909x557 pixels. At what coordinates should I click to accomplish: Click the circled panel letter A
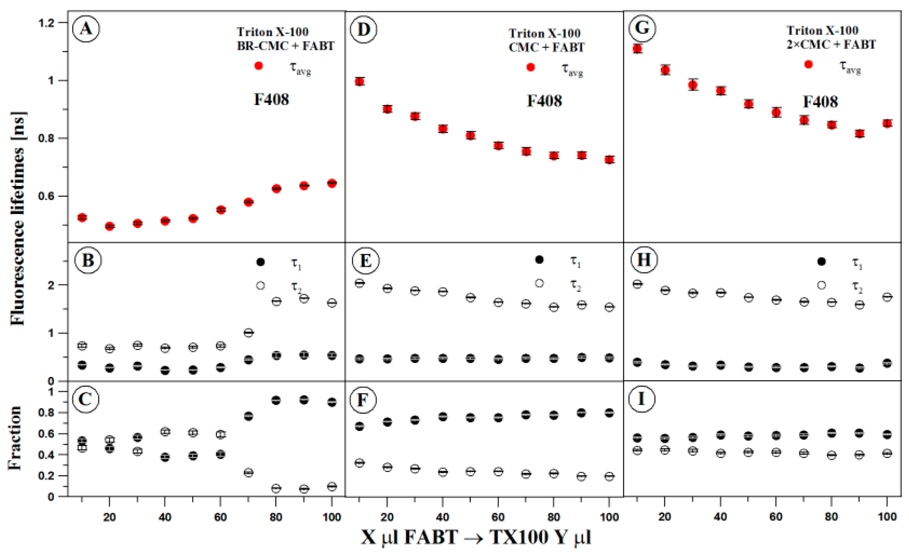pyautogui.click(x=86, y=28)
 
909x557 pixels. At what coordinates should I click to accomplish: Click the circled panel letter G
pyautogui.click(x=642, y=28)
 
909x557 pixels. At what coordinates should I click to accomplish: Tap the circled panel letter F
pyautogui.click(x=363, y=400)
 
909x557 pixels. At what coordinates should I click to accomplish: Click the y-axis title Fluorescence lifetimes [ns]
pyautogui.click(x=17, y=218)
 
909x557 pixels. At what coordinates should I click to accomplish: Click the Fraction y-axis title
pyautogui.click(x=15, y=438)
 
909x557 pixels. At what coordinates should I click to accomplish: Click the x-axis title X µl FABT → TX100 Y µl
pyautogui.click(x=476, y=537)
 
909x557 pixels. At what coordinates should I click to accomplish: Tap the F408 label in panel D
pyautogui.click(x=544, y=101)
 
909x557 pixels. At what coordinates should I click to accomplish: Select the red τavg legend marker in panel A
pyautogui.click(x=259, y=66)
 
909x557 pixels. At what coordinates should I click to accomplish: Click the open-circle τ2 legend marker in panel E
pyautogui.click(x=539, y=283)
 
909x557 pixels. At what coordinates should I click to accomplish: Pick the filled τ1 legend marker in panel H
pyautogui.click(x=822, y=262)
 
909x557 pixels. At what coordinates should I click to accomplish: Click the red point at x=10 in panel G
pyautogui.click(x=637, y=49)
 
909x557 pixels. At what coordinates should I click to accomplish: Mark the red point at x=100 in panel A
pyautogui.click(x=332, y=183)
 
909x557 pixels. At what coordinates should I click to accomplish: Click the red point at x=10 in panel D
pyautogui.click(x=360, y=82)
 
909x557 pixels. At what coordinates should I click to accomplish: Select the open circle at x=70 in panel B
pyautogui.click(x=248, y=333)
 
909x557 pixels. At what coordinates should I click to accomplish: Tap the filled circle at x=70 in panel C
pyautogui.click(x=248, y=416)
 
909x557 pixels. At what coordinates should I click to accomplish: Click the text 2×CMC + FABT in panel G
pyautogui.click(x=831, y=45)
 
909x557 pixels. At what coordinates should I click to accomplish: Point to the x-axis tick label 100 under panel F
pyautogui.click(x=609, y=517)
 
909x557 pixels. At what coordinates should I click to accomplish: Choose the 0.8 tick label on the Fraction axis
pyautogui.click(x=46, y=413)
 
